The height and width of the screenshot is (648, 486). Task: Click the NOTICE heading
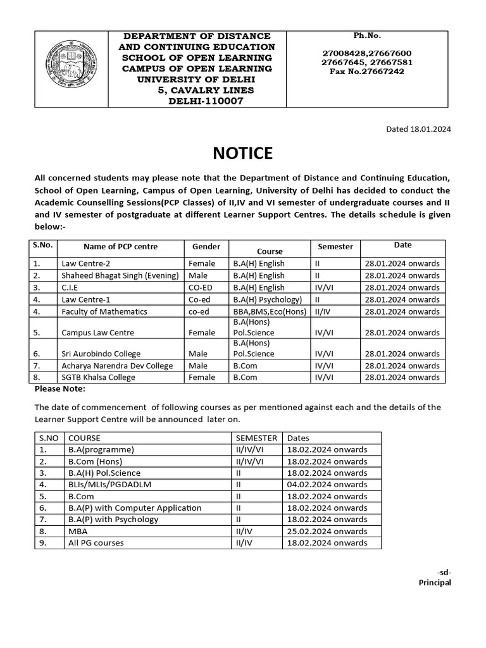[242, 153]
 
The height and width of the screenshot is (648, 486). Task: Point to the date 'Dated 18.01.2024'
[418, 129]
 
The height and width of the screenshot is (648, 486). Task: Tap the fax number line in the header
[366, 72]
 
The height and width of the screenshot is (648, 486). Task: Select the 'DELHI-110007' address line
[205, 101]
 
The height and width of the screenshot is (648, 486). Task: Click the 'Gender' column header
[206, 246]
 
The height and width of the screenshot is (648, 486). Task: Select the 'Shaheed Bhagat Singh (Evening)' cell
[120, 275]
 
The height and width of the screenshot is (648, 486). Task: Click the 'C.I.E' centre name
[70, 287]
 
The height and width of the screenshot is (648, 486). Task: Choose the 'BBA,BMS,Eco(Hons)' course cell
[270, 311]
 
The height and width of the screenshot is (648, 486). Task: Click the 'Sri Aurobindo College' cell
[101, 354]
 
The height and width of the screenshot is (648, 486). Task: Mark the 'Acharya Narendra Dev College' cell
[116, 366]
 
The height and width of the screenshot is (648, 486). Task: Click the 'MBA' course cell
[77, 531]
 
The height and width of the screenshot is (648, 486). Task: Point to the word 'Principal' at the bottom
[435, 582]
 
